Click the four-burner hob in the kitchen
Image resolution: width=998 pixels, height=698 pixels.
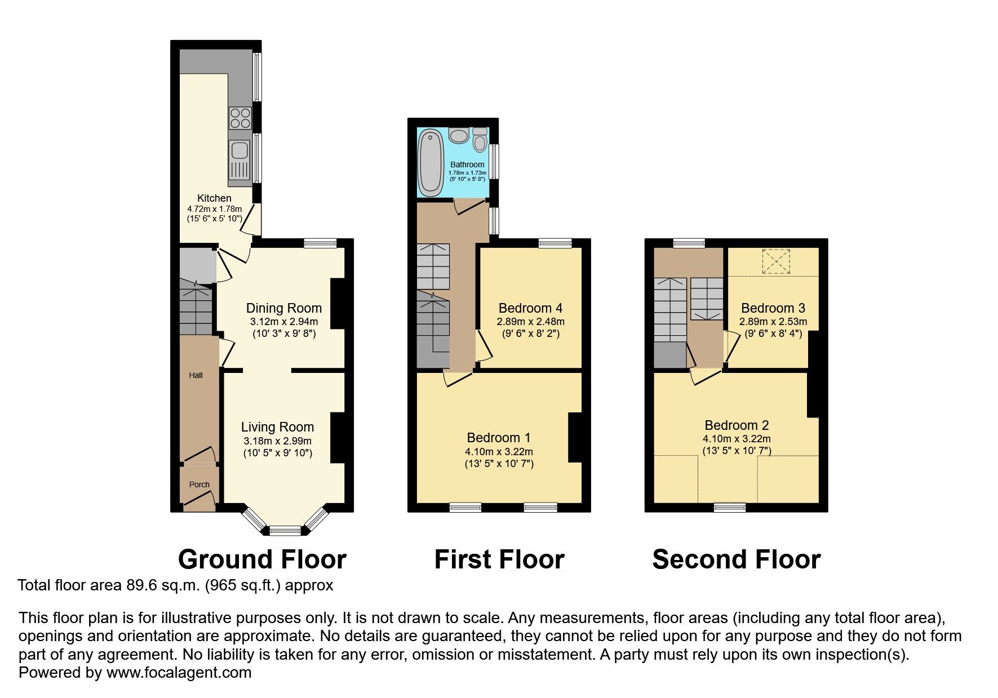(240, 118)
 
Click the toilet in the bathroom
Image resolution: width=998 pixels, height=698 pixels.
(480, 139)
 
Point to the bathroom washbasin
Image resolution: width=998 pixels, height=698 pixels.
(459, 136)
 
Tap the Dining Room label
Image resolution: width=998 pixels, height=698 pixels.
(283, 308)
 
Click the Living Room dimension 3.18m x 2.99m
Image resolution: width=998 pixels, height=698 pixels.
(277, 441)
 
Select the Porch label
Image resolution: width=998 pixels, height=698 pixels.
(199, 484)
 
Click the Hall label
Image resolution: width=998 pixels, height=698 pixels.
(196, 375)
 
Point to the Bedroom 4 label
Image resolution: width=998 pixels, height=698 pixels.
(530, 308)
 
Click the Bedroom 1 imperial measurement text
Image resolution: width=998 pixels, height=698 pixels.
(499, 464)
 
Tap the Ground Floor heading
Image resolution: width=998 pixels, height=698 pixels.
(262, 559)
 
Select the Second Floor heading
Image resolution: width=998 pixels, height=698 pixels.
(736, 559)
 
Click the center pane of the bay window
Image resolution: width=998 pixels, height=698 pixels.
(285, 530)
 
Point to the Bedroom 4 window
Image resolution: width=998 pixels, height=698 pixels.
(555, 243)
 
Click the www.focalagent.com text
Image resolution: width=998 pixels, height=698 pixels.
(179, 672)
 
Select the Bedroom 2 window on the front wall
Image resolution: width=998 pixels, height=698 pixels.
(730, 507)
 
